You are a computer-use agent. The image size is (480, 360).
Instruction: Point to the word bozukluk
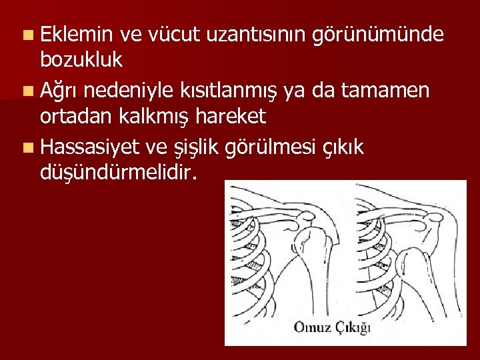coord(81,59)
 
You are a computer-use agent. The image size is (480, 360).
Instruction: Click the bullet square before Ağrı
coord(25,89)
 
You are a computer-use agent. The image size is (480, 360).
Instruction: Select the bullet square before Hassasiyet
coord(25,146)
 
